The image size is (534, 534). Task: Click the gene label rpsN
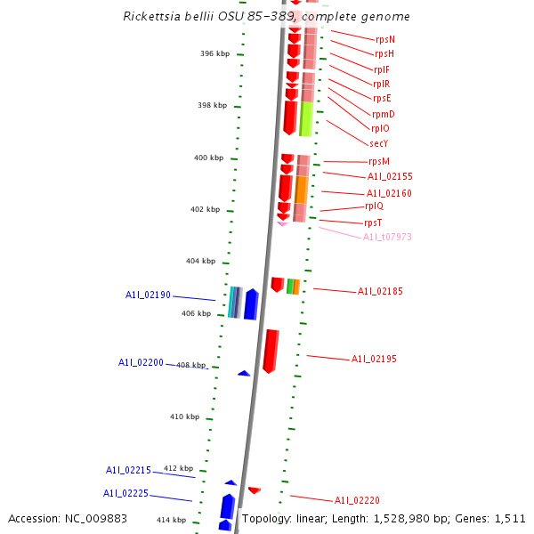[x=385, y=40]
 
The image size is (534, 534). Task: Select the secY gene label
[x=379, y=143]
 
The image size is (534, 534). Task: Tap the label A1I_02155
[x=390, y=177]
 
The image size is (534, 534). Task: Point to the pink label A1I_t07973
[x=387, y=237]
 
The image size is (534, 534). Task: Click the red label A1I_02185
[x=380, y=291]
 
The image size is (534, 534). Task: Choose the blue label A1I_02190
[x=148, y=295]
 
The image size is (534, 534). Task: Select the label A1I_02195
[x=374, y=359]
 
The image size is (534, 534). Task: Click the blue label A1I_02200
[x=141, y=362]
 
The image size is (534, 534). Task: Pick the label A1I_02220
[x=357, y=500]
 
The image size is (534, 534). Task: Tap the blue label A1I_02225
[x=125, y=493]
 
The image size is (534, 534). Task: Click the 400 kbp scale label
[x=208, y=158]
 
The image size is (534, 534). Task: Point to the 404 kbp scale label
[x=200, y=261]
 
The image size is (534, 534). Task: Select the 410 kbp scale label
[x=184, y=417]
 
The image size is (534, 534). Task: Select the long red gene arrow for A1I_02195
[x=271, y=351]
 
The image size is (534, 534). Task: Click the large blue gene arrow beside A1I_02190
[x=251, y=304]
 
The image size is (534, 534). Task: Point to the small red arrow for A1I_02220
[x=255, y=489]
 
